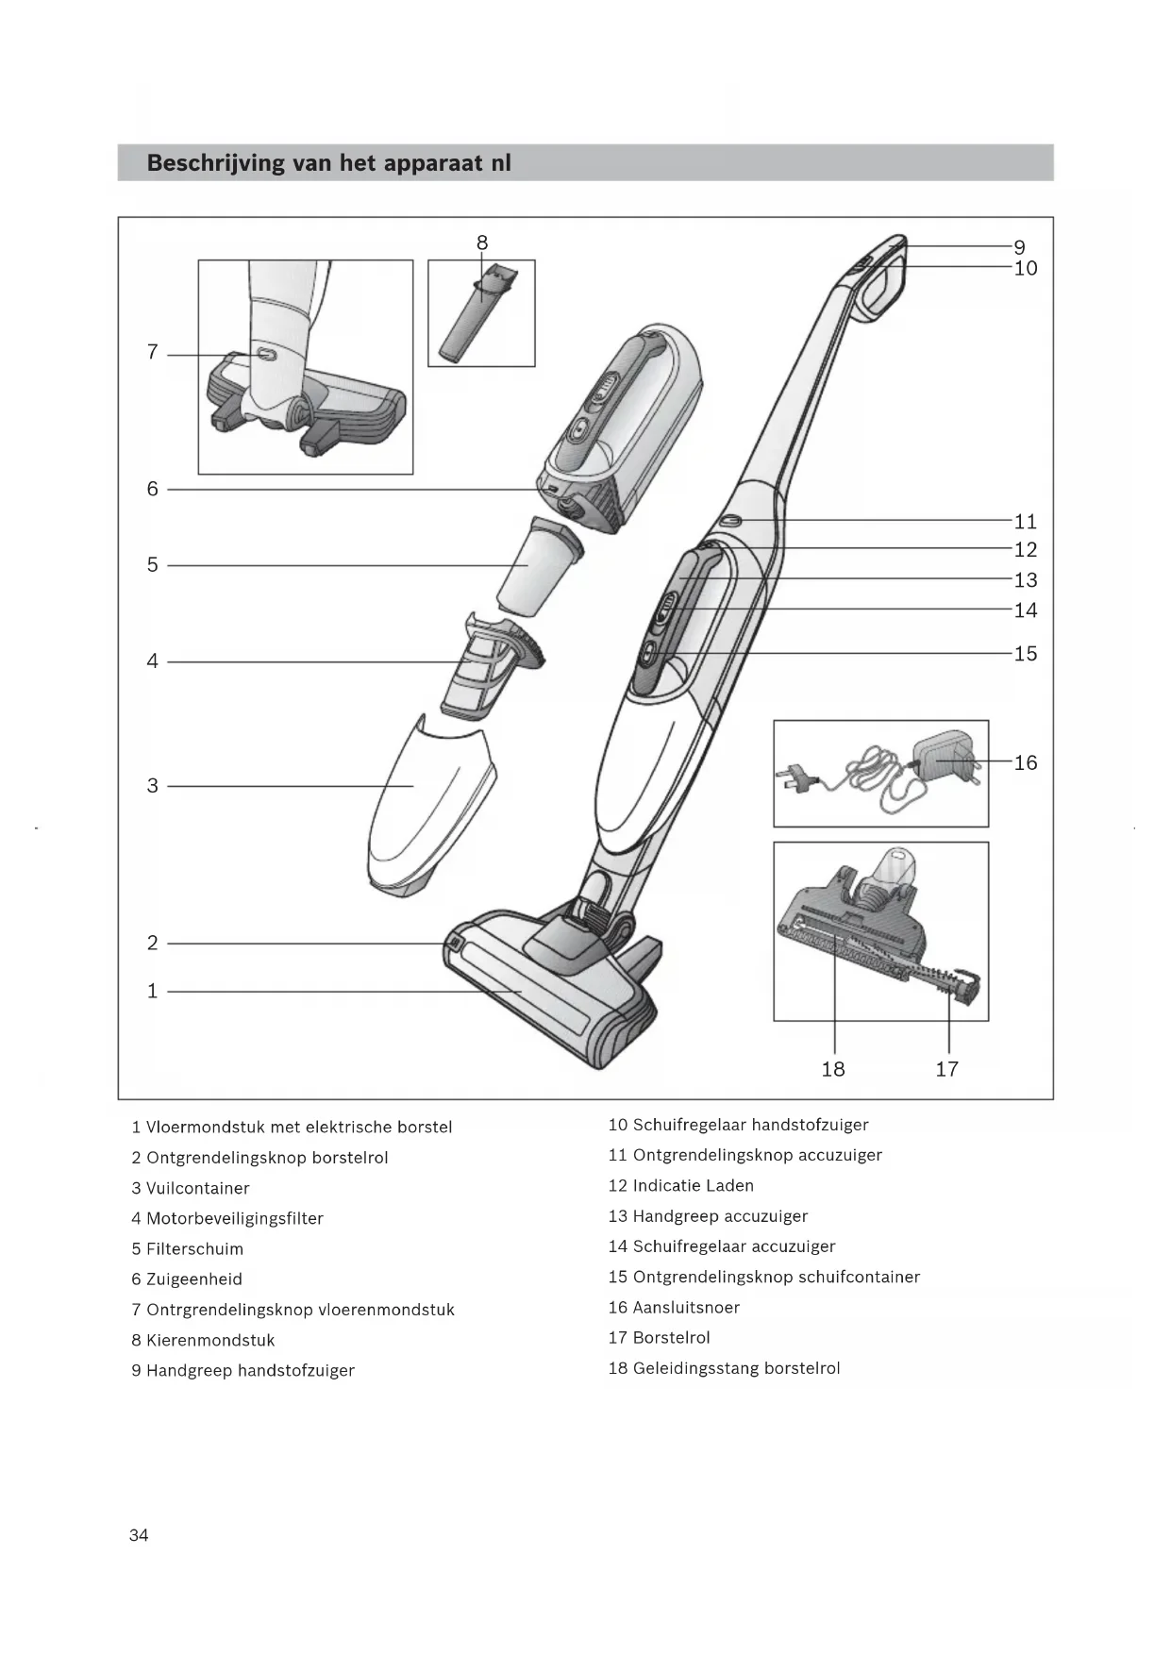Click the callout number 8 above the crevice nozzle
click(482, 243)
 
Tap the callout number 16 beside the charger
click(1026, 762)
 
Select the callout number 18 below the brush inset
click(833, 1069)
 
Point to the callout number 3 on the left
click(153, 786)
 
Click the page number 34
click(139, 1535)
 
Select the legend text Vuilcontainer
click(197, 1188)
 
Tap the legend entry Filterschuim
click(194, 1249)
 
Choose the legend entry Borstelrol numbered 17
click(671, 1338)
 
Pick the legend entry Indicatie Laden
click(693, 1186)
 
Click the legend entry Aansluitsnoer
click(686, 1308)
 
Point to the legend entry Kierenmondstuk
click(210, 1340)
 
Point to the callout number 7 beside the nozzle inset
click(153, 352)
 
